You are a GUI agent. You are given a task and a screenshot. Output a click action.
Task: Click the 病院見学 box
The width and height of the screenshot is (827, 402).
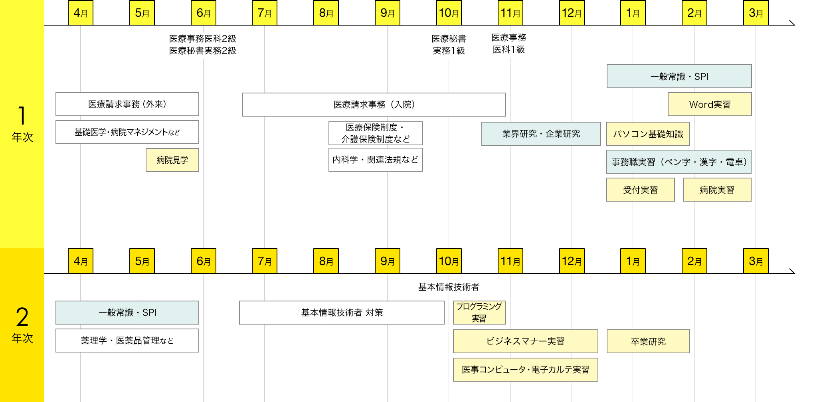coord(172,160)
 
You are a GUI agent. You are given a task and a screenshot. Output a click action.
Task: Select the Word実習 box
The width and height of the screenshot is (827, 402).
coord(710,105)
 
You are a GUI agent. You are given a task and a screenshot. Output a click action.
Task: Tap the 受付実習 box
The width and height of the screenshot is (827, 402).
coord(640,190)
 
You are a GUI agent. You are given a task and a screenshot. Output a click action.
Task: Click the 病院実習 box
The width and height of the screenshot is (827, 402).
coord(717,190)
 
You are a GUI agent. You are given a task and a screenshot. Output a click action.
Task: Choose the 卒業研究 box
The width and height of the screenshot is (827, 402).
coord(648,342)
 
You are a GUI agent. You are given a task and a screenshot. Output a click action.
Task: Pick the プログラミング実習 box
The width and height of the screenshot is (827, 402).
coord(479,313)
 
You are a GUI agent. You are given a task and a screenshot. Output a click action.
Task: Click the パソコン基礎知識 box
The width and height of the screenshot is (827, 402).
coord(648,134)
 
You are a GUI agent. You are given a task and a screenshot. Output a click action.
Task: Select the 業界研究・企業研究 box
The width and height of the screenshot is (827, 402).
coord(541,134)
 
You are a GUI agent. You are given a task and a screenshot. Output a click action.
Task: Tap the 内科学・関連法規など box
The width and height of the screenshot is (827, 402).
coord(376,160)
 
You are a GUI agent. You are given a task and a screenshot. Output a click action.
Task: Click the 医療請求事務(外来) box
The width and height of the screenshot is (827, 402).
coord(127,104)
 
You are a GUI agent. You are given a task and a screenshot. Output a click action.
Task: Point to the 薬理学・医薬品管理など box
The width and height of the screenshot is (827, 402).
coord(127,341)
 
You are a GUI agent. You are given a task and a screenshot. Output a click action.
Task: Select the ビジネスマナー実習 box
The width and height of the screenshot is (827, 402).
coord(525,341)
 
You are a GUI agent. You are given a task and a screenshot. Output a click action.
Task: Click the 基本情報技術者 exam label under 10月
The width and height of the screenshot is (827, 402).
coord(449,287)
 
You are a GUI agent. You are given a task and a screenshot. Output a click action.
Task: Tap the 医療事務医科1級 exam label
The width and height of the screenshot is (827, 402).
coord(509,44)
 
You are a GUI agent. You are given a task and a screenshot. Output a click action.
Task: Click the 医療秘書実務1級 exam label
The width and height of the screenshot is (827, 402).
coord(449,45)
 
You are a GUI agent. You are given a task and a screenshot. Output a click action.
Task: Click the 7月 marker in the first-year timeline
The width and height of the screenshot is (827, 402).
coord(265,13)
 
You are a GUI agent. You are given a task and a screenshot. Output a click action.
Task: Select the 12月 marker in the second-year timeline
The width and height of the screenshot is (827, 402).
coord(572,261)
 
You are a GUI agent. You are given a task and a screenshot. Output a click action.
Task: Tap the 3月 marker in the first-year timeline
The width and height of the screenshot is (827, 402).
coord(756,13)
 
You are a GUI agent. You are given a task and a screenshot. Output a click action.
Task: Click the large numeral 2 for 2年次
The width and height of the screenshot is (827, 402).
coord(22,317)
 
